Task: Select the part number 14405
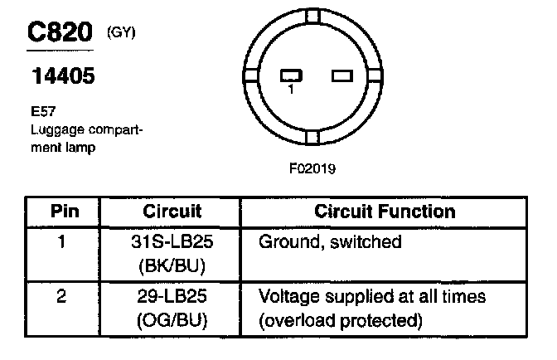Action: [x=62, y=77]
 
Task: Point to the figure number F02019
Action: [x=312, y=168]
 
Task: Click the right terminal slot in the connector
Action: [x=341, y=75]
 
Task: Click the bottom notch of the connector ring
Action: [x=312, y=138]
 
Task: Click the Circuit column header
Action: [x=172, y=211]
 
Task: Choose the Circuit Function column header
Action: [x=385, y=211]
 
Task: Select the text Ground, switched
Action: [x=330, y=242]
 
